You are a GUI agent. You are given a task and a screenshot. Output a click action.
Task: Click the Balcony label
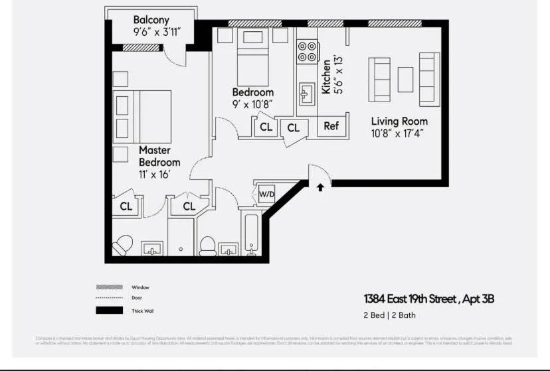[151, 19]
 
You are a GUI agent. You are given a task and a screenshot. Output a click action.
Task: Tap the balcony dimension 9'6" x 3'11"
[157, 31]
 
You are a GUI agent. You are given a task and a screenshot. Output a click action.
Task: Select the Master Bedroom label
[159, 156]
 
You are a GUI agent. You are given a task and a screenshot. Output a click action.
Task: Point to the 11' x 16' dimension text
[155, 174]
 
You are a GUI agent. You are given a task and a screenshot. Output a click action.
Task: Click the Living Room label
[399, 121]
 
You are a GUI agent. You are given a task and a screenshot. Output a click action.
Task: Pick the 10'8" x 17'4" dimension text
[397, 133]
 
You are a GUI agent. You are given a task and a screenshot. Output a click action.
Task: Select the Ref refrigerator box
[331, 126]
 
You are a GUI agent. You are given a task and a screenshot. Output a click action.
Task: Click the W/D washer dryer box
[266, 194]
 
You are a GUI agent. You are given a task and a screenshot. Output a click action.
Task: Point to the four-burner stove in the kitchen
[307, 52]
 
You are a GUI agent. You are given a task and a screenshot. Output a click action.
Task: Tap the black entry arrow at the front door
[320, 187]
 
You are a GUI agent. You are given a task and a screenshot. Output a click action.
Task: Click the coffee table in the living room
[405, 80]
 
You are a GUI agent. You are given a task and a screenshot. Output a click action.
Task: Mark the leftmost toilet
[123, 245]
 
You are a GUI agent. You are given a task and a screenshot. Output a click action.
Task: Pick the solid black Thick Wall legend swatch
[110, 310]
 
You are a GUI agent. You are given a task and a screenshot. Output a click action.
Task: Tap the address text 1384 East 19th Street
[410, 299]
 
